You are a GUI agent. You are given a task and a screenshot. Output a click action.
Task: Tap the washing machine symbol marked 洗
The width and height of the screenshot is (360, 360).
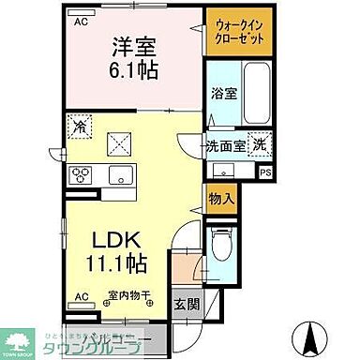click(260, 148)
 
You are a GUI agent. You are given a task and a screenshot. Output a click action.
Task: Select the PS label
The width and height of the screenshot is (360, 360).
click(265, 172)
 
